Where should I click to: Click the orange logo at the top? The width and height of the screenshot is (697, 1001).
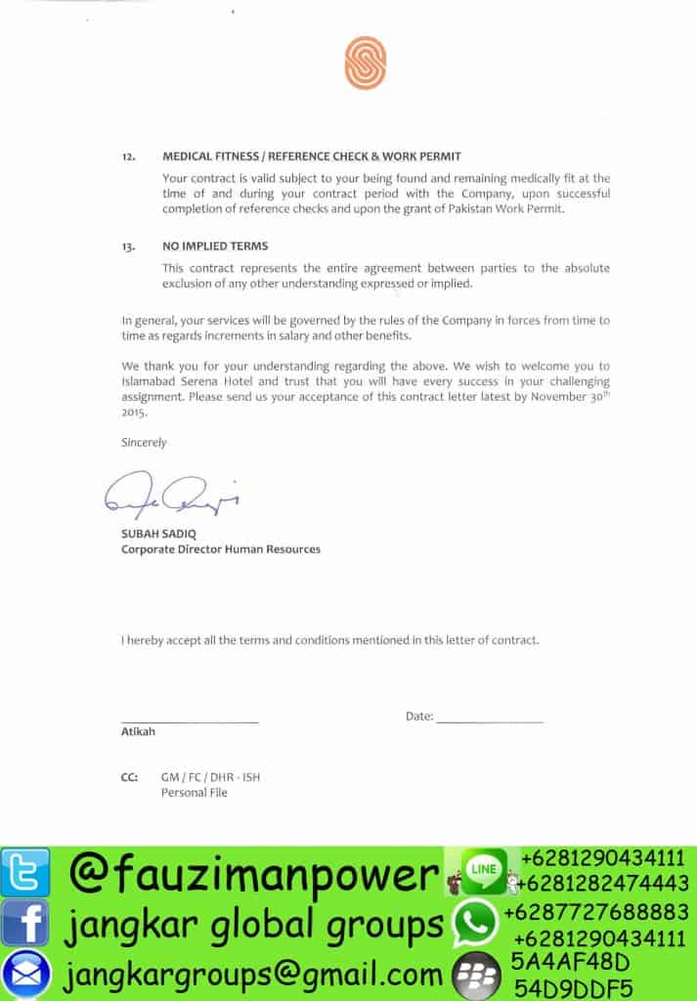point(365,62)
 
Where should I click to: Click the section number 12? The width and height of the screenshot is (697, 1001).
point(128,156)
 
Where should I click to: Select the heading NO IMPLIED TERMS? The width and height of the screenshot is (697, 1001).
point(215,246)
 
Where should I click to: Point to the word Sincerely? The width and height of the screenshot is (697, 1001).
point(144,442)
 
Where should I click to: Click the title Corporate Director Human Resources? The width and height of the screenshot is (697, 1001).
point(220,549)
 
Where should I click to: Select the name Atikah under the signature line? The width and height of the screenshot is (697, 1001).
point(138,731)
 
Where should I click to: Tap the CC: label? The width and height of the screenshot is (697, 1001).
point(129,777)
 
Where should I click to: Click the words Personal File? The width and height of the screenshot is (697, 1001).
point(194,793)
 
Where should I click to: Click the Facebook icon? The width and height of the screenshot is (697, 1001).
point(24,922)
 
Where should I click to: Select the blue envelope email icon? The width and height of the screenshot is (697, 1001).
point(24,973)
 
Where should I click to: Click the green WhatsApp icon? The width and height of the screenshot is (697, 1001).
point(474,922)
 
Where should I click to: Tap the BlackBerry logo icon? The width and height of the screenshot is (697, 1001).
point(476,973)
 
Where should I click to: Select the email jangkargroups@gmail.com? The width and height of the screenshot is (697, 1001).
point(254,974)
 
